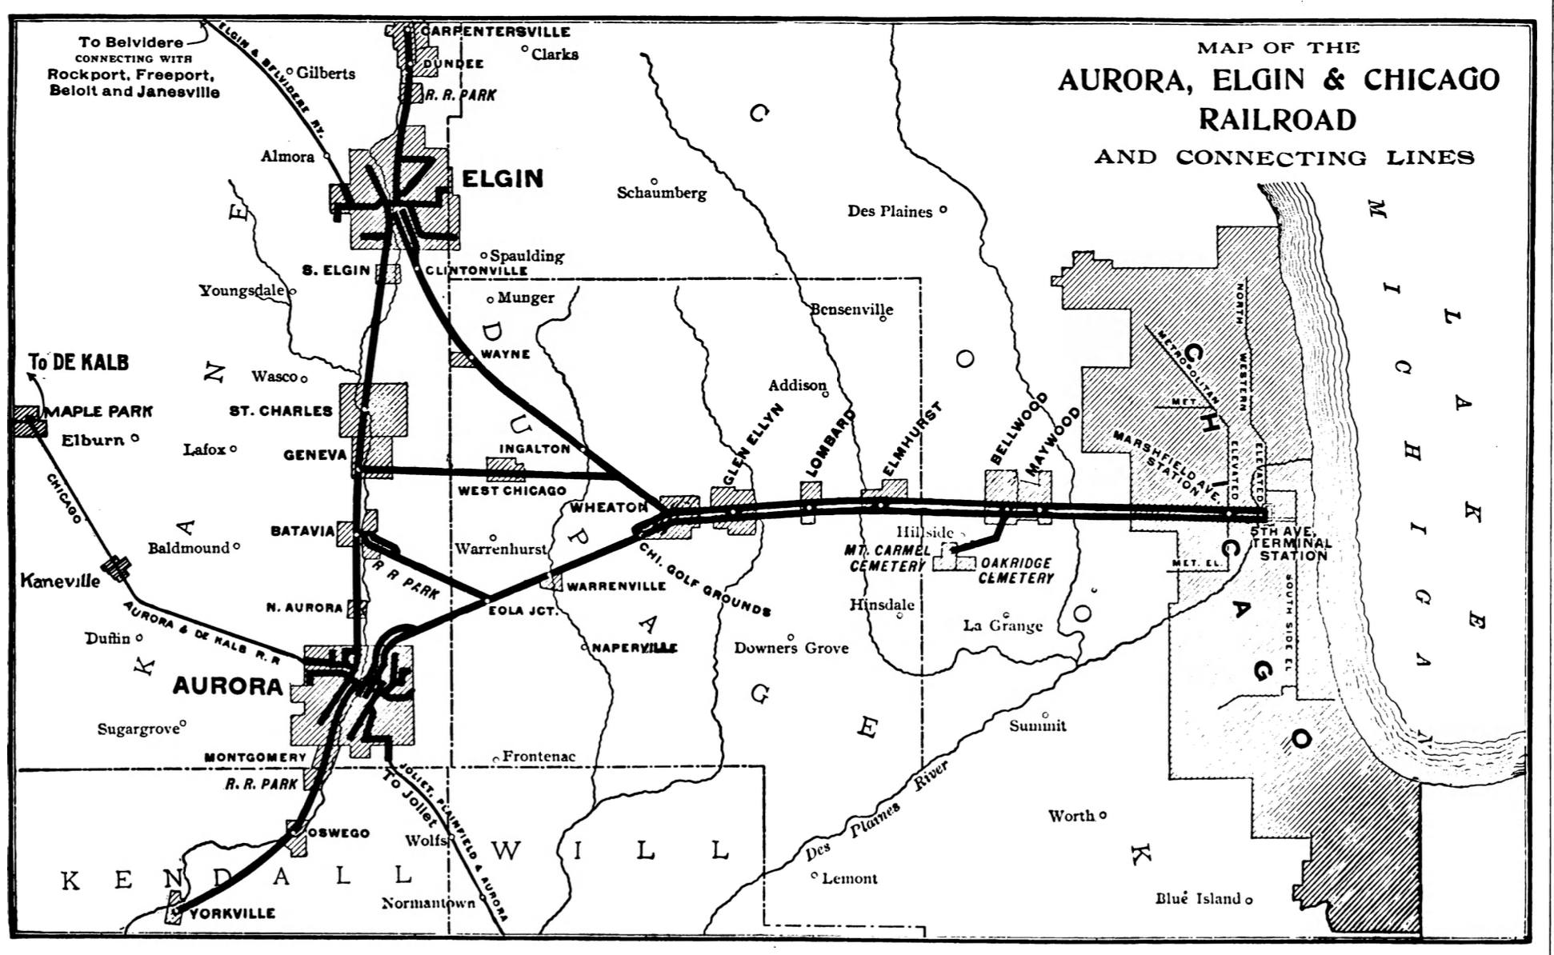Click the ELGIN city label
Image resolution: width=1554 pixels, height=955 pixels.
click(x=503, y=178)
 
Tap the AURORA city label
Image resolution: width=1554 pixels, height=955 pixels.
click(x=228, y=686)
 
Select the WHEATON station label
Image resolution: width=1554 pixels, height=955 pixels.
click(x=608, y=507)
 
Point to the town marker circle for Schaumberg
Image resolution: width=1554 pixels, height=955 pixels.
click(x=654, y=182)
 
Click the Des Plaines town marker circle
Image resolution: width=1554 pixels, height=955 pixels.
click(x=943, y=210)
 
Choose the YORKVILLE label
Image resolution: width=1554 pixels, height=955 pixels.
click(x=233, y=913)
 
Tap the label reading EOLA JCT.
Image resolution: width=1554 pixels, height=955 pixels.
click(x=523, y=610)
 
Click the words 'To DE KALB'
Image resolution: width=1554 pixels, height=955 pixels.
click(x=79, y=362)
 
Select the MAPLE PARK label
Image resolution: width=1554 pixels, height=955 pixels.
click(x=98, y=411)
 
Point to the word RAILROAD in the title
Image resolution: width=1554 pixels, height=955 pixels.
click(x=1277, y=119)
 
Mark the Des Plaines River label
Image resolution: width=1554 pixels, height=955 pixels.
click(x=876, y=812)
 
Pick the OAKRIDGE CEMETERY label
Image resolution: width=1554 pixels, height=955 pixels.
click(x=1015, y=570)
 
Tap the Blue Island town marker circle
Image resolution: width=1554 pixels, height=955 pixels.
click(x=1248, y=900)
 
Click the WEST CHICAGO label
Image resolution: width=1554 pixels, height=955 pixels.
click(x=511, y=490)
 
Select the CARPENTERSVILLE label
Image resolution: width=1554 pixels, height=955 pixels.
click(x=495, y=32)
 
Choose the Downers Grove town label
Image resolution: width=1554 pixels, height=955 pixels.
click(x=791, y=648)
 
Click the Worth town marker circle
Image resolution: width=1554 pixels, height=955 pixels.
click(x=1103, y=815)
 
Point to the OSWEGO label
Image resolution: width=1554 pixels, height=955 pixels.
click(x=338, y=833)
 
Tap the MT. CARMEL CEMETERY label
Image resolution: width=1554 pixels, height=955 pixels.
click(x=887, y=558)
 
